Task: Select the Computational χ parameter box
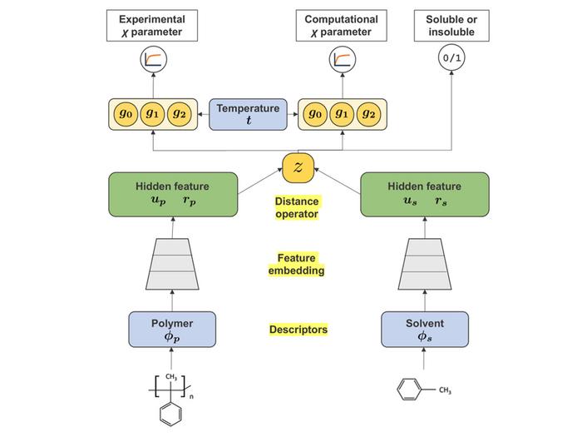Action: pos(341,26)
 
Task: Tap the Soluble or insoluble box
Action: pos(451,26)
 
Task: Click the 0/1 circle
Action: pos(451,60)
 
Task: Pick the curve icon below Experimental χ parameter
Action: pos(152,60)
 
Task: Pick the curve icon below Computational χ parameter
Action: pos(341,60)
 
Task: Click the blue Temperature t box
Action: pos(248,114)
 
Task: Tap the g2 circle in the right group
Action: pos(369,114)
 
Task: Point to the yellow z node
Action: pos(297,167)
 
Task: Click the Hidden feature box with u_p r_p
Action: pos(173,193)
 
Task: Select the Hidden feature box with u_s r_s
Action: pos(424,193)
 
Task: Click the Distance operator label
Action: pos(297,208)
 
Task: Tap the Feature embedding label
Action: pos(297,265)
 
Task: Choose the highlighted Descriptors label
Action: pos(298,330)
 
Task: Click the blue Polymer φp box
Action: pos(172,330)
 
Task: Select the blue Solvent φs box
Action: pos(424,330)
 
